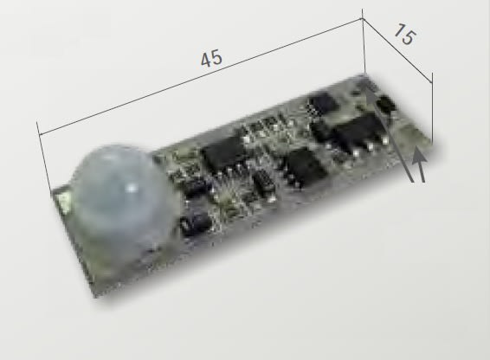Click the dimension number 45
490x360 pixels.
(211, 58)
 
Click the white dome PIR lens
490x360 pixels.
(121, 199)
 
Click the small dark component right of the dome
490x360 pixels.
(197, 222)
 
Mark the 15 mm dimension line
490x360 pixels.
(398, 52)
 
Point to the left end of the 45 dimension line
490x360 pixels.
(38, 132)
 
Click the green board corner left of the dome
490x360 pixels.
(61, 200)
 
